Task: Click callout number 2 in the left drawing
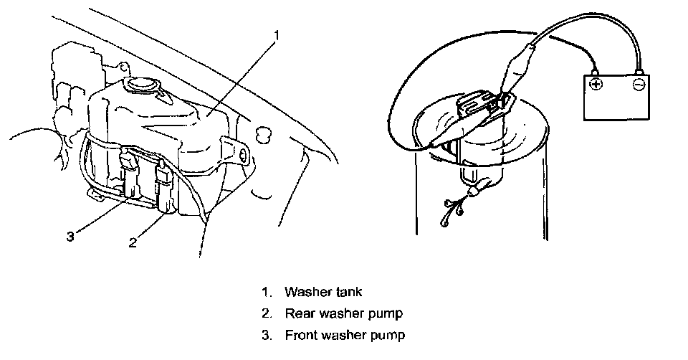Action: (133, 242)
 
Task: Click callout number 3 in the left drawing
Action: (70, 236)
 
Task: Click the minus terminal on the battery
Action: (638, 85)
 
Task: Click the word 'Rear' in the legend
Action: (298, 313)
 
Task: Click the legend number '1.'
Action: (267, 292)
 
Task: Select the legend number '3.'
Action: (267, 335)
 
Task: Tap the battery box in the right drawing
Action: (616, 100)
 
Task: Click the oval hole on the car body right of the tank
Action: (264, 133)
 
